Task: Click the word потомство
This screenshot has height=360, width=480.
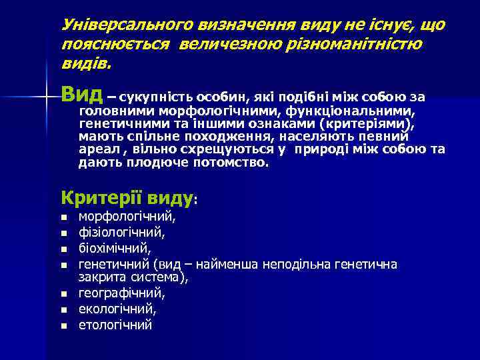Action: pos(230,162)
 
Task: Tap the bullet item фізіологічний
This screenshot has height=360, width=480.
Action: pos(122,233)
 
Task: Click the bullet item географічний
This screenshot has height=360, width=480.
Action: pos(122,293)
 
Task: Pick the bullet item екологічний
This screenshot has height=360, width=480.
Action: pos(117,309)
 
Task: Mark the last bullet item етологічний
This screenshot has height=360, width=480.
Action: pos(115,325)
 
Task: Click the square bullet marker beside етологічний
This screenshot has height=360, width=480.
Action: pos(64,326)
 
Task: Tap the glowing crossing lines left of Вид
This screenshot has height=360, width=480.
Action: pos(45,97)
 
